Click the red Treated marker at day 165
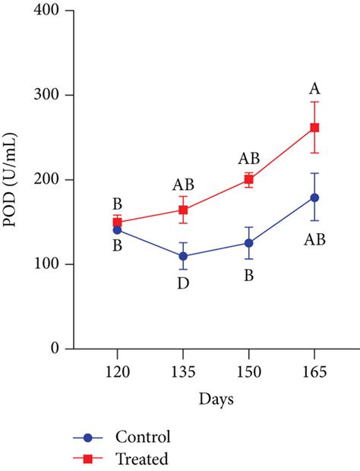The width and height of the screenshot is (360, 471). tap(314, 128)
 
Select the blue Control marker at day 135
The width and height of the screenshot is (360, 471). tap(183, 256)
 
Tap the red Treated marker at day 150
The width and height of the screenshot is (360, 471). tap(249, 180)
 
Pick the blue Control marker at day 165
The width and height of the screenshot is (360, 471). tap(314, 198)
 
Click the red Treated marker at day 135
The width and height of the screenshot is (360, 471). tap(183, 210)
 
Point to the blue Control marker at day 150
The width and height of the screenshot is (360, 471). tap(249, 243)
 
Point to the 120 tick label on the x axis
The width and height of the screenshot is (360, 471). tap(117, 372)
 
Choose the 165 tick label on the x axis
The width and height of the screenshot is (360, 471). tap(314, 372)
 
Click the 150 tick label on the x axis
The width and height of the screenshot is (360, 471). tap(249, 372)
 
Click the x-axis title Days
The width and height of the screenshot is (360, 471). tap(216, 399)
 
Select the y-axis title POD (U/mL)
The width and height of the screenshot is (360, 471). tap(14, 180)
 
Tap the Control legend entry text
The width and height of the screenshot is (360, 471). tap(142, 437)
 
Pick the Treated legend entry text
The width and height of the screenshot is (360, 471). tap(141, 458)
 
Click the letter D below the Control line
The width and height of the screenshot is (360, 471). tap(183, 283)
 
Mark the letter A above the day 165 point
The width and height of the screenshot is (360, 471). tap(314, 87)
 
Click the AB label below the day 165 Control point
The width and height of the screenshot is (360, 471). tap(314, 239)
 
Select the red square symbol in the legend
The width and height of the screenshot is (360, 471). tap(87, 459)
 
